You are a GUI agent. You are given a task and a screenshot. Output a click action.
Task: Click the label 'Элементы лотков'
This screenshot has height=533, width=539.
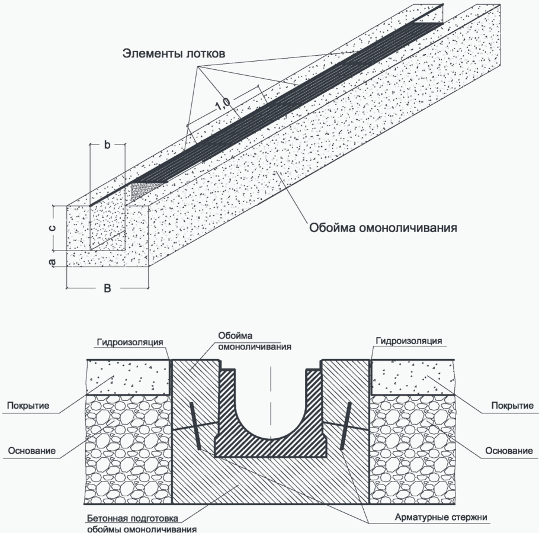(x=174, y=53)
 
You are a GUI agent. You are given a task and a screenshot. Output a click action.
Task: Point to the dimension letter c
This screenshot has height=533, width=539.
(x=52, y=228)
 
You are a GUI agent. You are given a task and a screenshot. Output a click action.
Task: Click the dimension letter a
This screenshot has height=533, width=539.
(x=52, y=261)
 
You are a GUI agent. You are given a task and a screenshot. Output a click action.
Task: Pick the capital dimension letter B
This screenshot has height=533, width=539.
(x=107, y=288)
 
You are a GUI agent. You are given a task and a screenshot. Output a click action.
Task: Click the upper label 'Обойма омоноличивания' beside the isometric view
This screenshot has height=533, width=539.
(x=383, y=227)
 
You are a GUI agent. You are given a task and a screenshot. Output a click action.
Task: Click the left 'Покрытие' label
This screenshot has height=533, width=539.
(x=27, y=406)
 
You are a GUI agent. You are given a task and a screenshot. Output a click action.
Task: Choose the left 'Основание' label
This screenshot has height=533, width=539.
(x=32, y=451)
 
